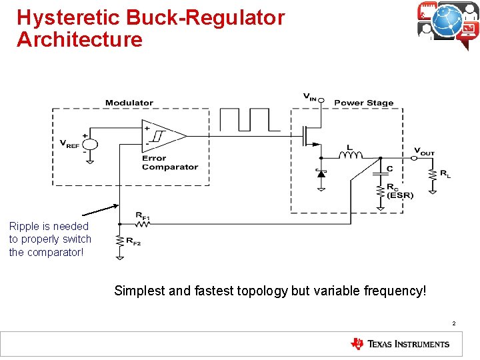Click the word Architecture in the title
click(79, 39)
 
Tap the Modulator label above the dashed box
click(129, 103)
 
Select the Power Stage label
click(363, 103)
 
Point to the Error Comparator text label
click(169, 163)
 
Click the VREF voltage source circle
click(89, 144)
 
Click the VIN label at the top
click(310, 97)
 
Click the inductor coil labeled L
click(349, 156)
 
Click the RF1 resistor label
click(143, 215)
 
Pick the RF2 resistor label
click(133, 242)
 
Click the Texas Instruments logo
click(400, 344)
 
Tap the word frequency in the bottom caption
click(389, 291)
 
